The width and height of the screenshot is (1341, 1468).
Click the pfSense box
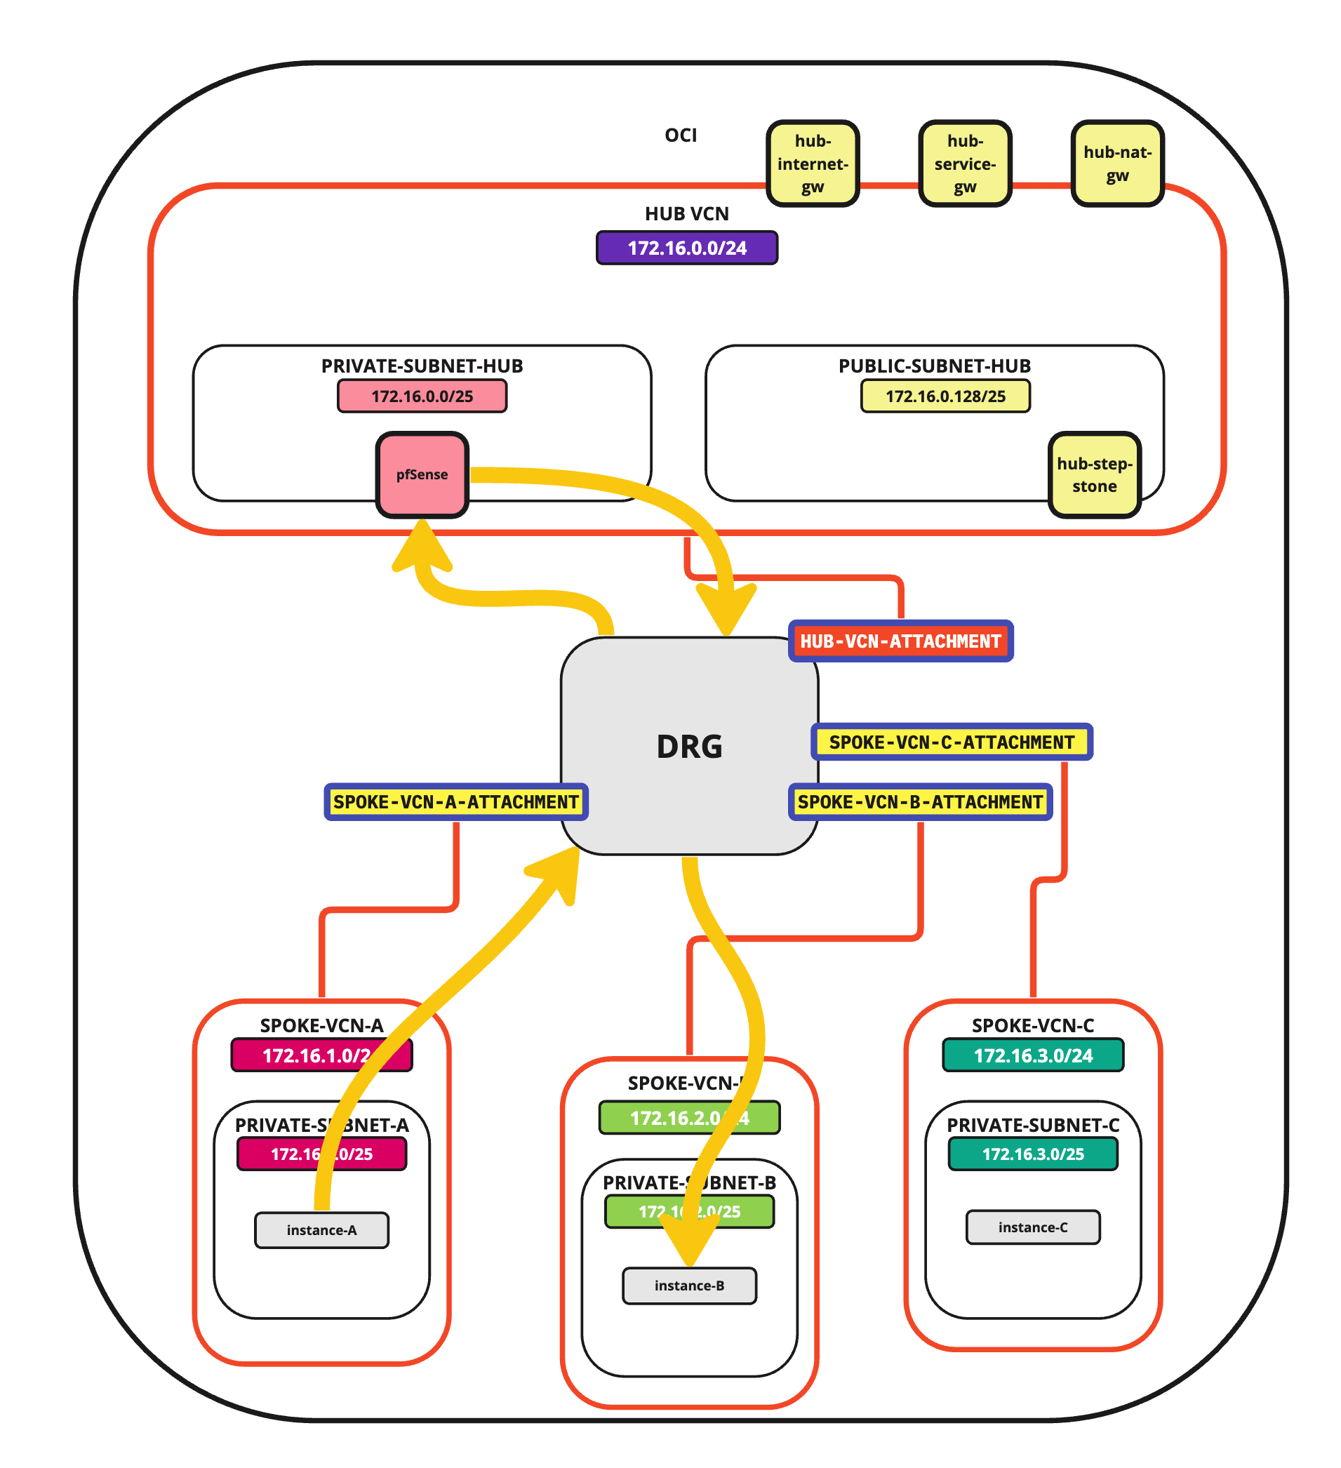(422, 475)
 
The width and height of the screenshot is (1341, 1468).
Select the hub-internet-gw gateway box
(813, 164)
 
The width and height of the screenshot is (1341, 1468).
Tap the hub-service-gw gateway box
(965, 164)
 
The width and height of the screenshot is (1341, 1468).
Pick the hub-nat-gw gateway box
(1116, 164)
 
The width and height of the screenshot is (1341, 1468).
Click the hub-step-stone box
(1093, 475)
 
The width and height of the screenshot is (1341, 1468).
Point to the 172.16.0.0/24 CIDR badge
(686, 248)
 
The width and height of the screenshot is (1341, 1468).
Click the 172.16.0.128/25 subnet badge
(945, 397)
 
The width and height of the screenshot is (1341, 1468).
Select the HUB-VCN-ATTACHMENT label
(900, 641)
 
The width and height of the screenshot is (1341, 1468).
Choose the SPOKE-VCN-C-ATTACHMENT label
(952, 742)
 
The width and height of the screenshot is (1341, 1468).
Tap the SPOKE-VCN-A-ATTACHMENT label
(455, 803)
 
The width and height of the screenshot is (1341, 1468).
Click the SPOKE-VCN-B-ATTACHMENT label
(920, 803)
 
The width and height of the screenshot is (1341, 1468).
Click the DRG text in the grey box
(689, 747)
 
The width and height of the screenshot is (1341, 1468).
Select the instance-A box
(322, 1231)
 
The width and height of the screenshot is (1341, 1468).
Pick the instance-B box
(689, 1286)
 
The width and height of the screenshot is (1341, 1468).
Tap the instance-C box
(1032, 1228)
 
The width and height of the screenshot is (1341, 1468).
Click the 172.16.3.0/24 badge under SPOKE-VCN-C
(1032, 1056)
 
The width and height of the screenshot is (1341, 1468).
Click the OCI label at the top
(681, 135)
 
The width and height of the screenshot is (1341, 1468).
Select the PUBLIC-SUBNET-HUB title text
(934, 366)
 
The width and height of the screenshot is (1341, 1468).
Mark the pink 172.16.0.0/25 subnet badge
(422, 397)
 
